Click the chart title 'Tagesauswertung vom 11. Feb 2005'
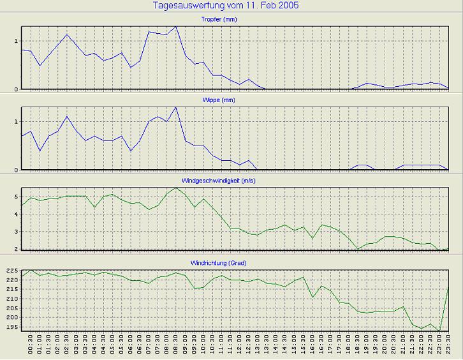(x=226, y=6)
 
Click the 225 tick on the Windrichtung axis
(x=11, y=271)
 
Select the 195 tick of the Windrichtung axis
(x=11, y=327)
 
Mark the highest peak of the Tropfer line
(x=176, y=27)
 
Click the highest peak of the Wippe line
(x=176, y=107)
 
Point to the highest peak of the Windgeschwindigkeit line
(x=176, y=188)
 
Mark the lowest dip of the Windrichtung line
(x=440, y=331)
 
